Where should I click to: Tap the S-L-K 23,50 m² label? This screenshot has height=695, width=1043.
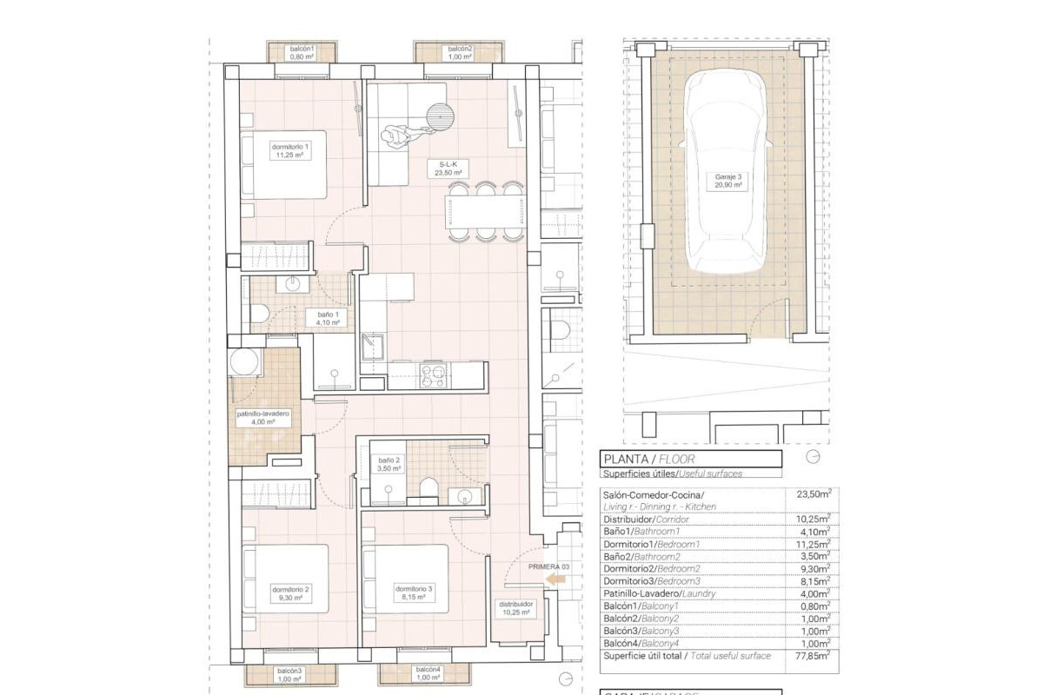pyautogui.click(x=448, y=168)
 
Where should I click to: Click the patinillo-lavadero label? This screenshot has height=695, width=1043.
pyautogui.click(x=262, y=419)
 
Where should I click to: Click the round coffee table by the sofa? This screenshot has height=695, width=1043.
pyautogui.click(x=441, y=115)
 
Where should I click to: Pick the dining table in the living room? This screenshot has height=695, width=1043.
pyautogui.click(x=486, y=210)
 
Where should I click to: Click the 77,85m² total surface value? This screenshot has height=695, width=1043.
pyautogui.click(x=814, y=657)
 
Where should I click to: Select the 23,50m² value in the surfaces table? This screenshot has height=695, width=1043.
pyautogui.click(x=814, y=493)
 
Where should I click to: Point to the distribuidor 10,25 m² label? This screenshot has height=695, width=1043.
pyautogui.click(x=515, y=606)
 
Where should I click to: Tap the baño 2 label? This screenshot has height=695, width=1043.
pyautogui.click(x=389, y=464)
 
